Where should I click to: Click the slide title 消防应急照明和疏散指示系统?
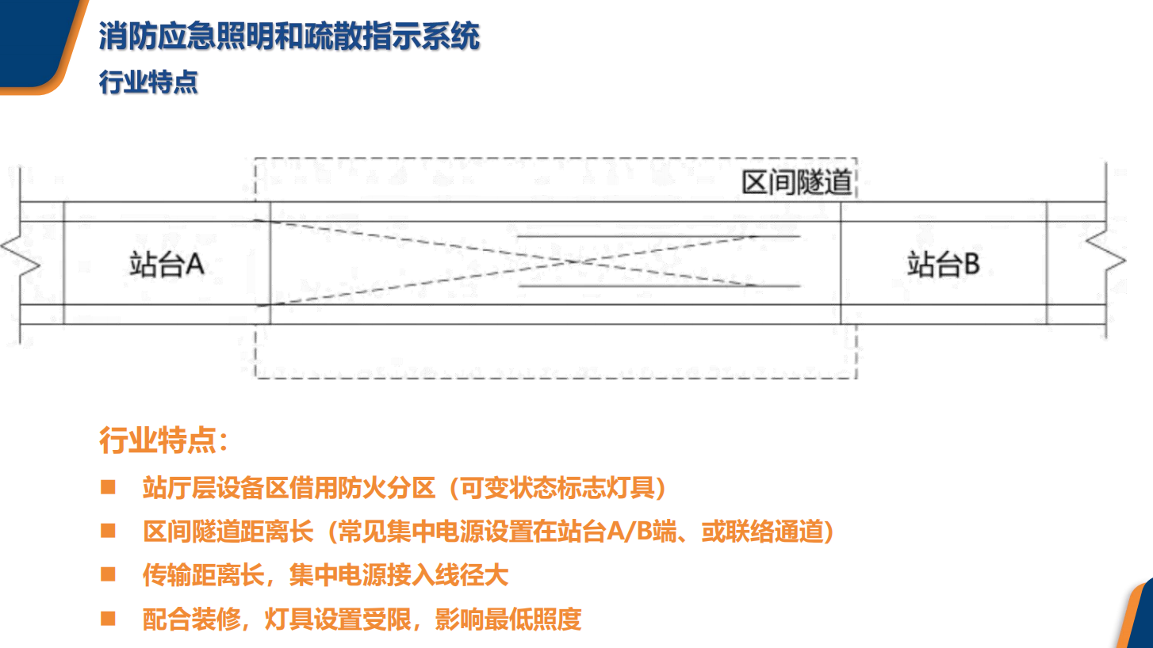pos(289,36)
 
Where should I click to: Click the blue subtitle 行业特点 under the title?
pos(148,82)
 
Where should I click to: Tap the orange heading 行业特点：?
pos(163,440)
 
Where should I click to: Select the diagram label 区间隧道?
pos(796,182)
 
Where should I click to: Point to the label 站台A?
pos(167,265)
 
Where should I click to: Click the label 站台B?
pos(943,265)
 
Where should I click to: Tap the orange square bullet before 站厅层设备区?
pos(108,486)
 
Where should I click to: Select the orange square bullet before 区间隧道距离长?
pos(108,530)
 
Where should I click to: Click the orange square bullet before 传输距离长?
pos(108,574)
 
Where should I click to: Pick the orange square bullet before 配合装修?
pos(108,618)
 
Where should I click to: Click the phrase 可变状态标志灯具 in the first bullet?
pos(557,487)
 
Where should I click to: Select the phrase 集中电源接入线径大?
pos(399,575)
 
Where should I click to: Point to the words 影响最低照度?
pos(508,619)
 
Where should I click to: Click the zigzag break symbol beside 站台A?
pos(21,256)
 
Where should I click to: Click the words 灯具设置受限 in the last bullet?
pos(338,619)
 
